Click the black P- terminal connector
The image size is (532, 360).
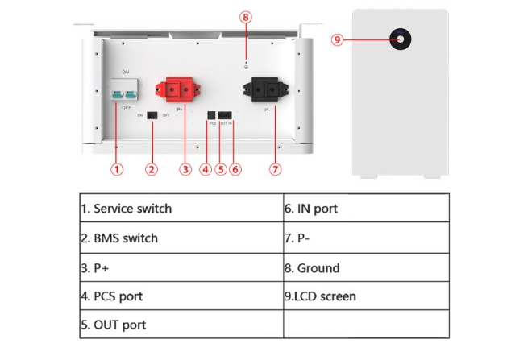coord(262,89)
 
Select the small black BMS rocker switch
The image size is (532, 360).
coord(151,115)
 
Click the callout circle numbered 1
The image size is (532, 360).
coord(117,169)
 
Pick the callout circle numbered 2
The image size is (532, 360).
coord(152,169)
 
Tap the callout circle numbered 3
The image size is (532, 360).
coord(185,169)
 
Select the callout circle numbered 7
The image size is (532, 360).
coord(276,169)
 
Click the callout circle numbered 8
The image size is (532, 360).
coord(246,17)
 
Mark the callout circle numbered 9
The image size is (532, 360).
coord(339,38)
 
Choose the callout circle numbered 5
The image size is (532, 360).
coord(221,169)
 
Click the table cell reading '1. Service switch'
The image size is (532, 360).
coord(181,209)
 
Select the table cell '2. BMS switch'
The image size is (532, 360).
coord(181,238)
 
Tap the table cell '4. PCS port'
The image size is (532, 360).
coord(181,296)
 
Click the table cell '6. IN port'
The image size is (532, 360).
coord(365,209)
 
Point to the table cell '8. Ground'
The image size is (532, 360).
coord(365,267)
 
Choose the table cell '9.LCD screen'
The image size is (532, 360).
coord(365,296)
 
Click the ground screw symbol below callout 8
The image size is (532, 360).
coord(246,67)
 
